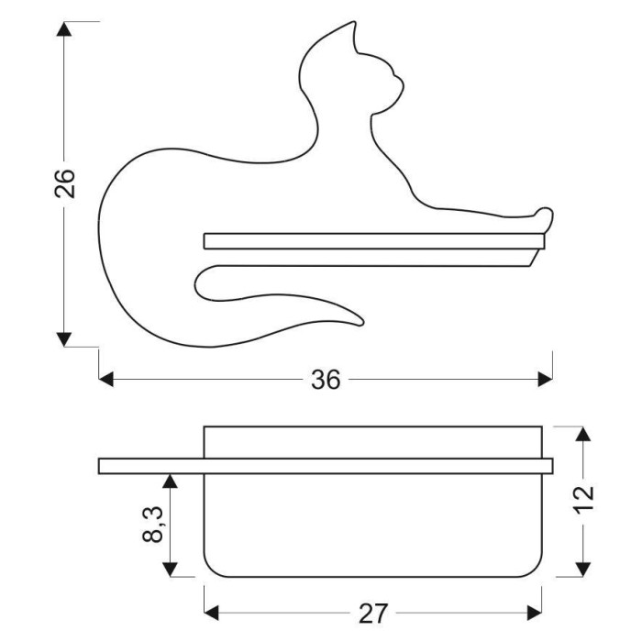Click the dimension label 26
pos(65,183)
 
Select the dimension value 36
pos(326,380)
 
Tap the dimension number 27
pos(372,614)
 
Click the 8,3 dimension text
pos(153,525)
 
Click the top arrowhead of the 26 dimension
pos(64,29)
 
